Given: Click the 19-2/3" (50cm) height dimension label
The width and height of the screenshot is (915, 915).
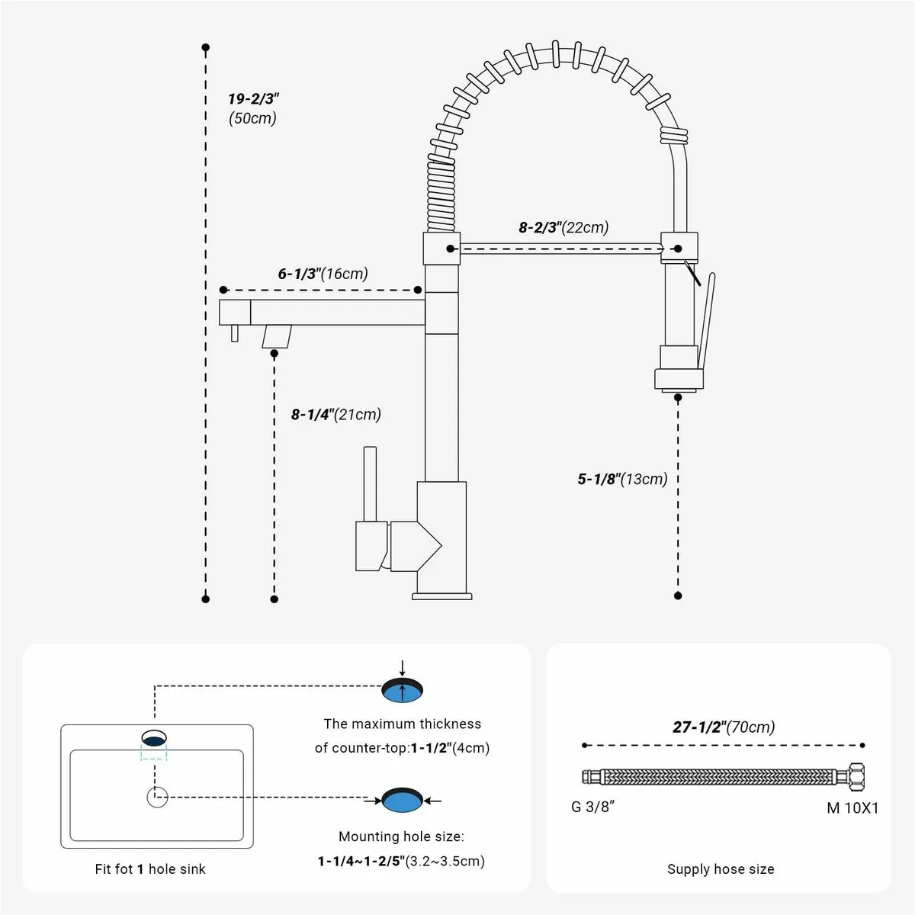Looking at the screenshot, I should coord(253,108).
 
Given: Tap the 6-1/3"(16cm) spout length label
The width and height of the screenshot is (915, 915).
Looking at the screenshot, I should coord(323,274).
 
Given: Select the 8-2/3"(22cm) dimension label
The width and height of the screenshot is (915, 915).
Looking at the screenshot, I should coord(563,227).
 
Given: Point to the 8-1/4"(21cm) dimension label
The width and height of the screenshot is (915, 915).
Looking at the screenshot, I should coord(335,415).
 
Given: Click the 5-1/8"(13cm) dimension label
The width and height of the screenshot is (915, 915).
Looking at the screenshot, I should coord(622,479).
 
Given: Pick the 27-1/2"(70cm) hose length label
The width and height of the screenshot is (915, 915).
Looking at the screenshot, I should coord(723,727).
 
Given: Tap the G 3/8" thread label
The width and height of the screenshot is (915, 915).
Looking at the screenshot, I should coord(592,807).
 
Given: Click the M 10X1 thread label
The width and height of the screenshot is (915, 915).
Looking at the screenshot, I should coord(852,808).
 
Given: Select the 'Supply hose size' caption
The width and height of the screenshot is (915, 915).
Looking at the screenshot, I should coord(721,869).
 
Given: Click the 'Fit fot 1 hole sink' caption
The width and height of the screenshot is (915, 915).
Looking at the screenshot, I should coord(150,869).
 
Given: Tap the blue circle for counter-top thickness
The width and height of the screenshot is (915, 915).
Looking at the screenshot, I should coord(402,691).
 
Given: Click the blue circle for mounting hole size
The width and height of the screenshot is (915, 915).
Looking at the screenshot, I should coord(402,801).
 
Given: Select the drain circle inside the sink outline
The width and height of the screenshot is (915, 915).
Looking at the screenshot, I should coord(157,798).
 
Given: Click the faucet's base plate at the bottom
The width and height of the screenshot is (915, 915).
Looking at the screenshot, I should coord(442,596).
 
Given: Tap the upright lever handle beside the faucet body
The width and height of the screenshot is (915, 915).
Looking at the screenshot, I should coord(370,484).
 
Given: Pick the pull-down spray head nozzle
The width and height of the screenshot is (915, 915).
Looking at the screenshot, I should coord(678,377).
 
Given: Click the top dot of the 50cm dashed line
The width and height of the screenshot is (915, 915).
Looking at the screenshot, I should coord(205,48).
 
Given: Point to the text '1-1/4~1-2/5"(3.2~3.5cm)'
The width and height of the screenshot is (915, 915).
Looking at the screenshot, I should coord(401,862).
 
